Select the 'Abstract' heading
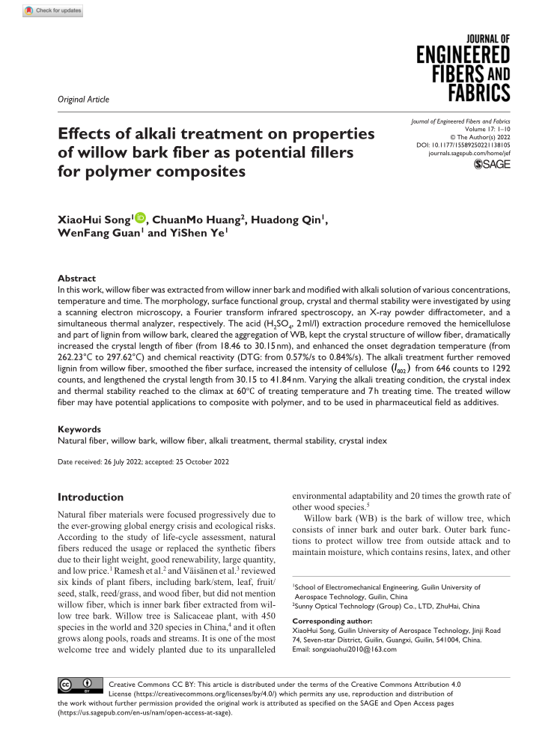pyautogui.click(x=76, y=279)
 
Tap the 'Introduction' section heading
pyautogui.click(x=91, y=497)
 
